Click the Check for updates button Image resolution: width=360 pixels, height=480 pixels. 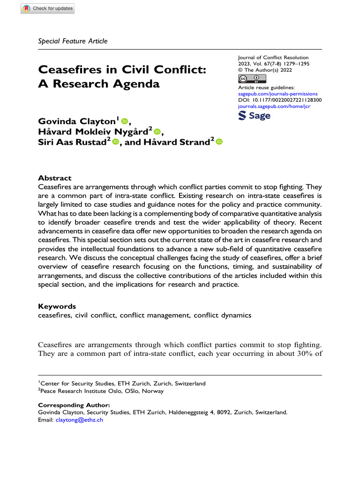47,8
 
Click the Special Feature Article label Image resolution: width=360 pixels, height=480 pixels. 73,41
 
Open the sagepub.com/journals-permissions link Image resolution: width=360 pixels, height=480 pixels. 278,94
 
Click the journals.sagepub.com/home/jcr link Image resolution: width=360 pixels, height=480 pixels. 274,106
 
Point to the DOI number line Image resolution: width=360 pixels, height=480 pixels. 280,100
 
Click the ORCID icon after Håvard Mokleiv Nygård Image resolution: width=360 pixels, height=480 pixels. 157,132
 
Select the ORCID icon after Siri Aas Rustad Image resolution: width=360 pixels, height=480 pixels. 115,142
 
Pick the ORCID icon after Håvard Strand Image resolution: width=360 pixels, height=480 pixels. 218,142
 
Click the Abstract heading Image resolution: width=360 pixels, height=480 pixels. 54,178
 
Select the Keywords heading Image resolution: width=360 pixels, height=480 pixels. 57,306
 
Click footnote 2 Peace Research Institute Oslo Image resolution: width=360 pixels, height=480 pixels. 101,390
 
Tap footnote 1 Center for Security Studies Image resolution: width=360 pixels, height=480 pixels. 121,383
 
